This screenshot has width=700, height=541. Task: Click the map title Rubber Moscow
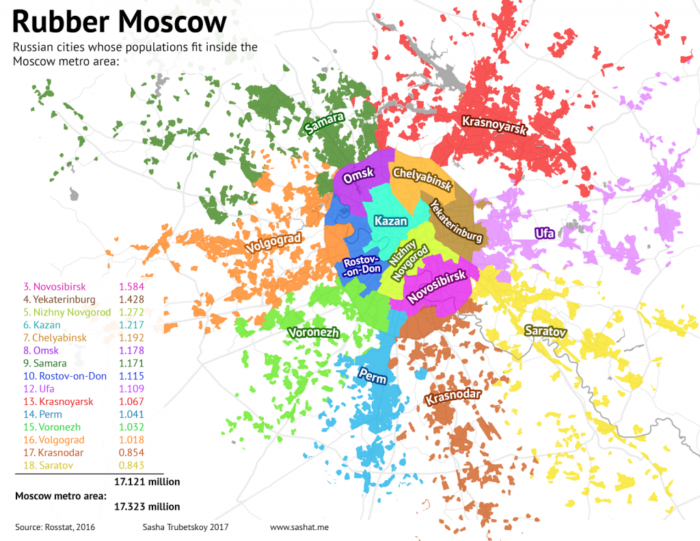coord(119,22)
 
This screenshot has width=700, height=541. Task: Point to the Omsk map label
coord(359,176)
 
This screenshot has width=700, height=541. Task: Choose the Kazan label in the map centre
coord(391,221)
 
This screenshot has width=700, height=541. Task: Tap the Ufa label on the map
coord(544,233)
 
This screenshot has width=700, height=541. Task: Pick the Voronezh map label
coord(314,333)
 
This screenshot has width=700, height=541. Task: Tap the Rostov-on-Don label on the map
coord(362,265)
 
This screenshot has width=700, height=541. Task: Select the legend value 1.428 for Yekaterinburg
coord(131,298)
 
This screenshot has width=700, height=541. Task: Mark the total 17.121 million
coord(147,481)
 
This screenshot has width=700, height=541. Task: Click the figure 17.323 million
coord(147,507)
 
